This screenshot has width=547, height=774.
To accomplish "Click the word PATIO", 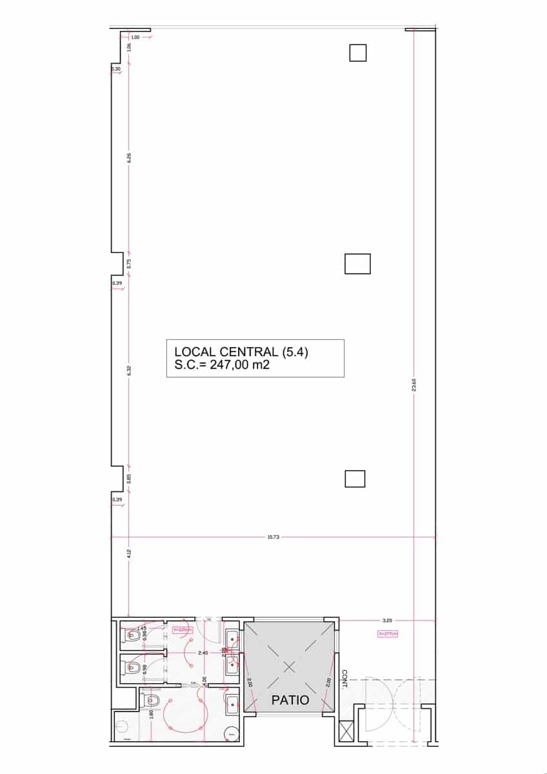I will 290,700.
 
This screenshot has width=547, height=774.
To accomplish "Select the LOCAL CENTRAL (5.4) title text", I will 246,352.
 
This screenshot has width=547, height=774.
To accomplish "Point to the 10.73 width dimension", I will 273,537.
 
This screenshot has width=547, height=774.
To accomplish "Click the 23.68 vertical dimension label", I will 413,384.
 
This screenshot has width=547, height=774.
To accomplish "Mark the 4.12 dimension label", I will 129,553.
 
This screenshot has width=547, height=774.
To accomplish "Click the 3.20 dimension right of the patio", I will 387,620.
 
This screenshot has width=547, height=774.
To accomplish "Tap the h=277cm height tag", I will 388,634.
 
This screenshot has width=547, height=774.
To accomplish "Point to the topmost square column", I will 358,52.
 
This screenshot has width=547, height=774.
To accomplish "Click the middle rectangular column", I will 357,264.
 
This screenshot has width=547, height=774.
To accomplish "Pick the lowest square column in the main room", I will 355,479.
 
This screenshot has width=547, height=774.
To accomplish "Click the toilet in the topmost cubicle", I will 133,635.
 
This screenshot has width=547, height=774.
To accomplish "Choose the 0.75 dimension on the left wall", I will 129,263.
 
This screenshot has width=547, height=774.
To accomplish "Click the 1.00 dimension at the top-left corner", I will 135,37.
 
